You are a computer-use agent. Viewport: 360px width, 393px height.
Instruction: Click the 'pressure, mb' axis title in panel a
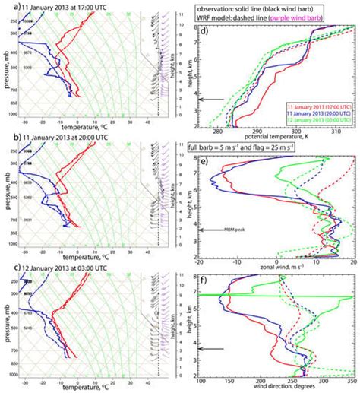pyautogui.click(x=5, y=77)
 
